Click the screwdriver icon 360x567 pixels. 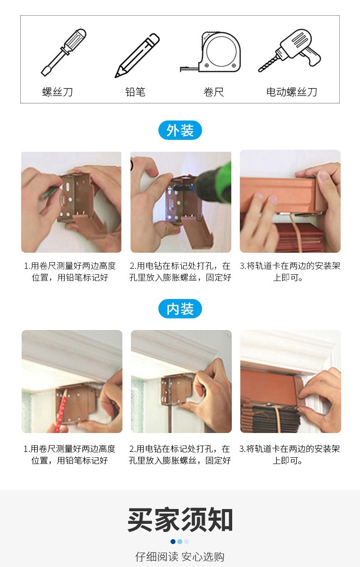click(x=63, y=52)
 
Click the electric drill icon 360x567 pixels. click(x=290, y=50)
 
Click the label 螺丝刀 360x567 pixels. click(x=58, y=92)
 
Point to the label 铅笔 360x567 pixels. click(x=135, y=92)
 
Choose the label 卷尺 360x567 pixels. click(x=213, y=92)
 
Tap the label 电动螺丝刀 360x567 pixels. click(x=292, y=92)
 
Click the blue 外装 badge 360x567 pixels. click(x=180, y=130)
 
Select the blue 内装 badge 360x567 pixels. click(x=180, y=309)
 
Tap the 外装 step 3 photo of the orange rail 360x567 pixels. click(x=290, y=201)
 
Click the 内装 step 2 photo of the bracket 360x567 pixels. click(x=181, y=381)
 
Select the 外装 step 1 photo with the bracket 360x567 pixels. click(x=71, y=202)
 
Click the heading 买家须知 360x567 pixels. click(x=180, y=520)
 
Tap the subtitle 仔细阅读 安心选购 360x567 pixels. click(x=180, y=557)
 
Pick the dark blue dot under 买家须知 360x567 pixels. click(x=173, y=541)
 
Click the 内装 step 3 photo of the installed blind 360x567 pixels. click(x=290, y=381)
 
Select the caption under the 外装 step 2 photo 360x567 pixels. click(x=180, y=272)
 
